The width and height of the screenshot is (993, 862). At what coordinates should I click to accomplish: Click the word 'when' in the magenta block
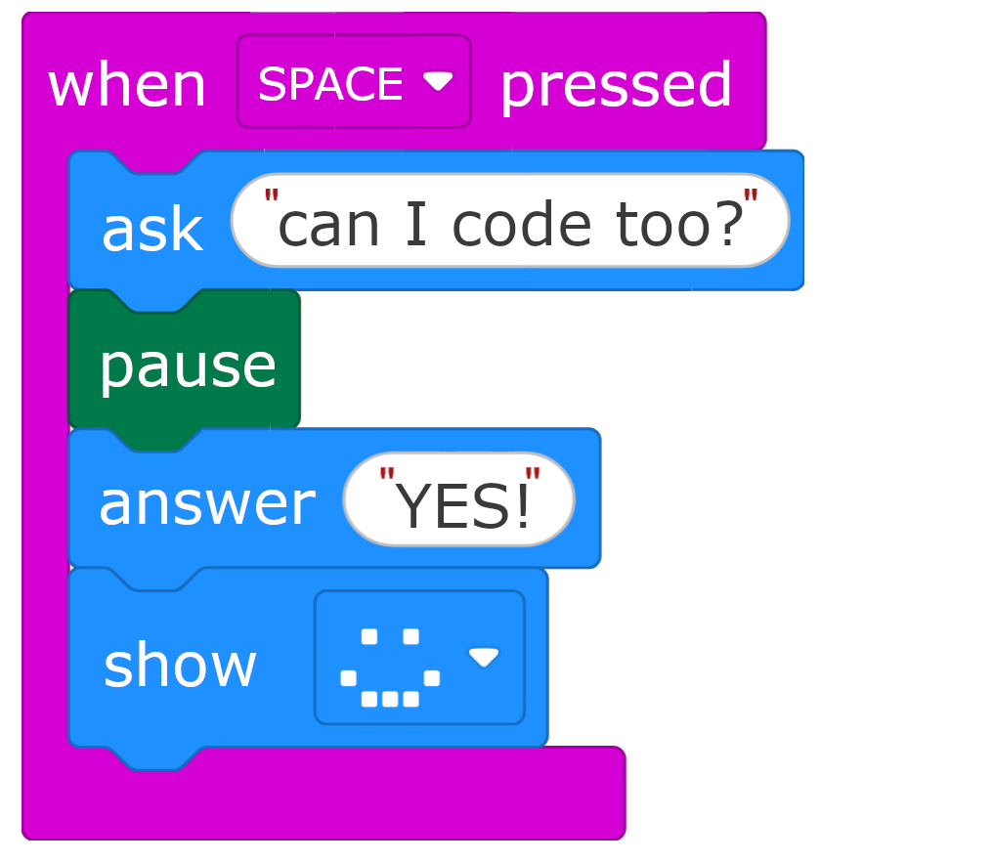pyautogui.click(x=127, y=86)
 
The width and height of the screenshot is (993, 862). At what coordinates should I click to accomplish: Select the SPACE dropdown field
pyautogui.click(x=332, y=84)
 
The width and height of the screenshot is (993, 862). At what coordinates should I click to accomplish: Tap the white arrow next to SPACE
pyautogui.click(x=437, y=82)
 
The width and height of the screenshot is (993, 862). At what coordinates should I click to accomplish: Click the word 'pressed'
pyautogui.click(x=616, y=86)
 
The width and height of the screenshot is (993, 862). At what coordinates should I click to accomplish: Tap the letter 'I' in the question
pyautogui.click(x=414, y=224)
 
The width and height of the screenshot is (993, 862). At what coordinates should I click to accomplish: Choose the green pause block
pyautogui.click(x=186, y=365)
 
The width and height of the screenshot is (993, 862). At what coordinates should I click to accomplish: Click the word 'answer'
pyautogui.click(x=206, y=502)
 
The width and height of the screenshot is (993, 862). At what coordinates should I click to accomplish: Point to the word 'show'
pyautogui.click(x=180, y=665)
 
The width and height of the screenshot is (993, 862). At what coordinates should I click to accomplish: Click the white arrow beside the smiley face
pyautogui.click(x=483, y=657)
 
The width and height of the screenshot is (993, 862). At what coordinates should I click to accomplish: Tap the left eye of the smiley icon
pyautogui.click(x=369, y=637)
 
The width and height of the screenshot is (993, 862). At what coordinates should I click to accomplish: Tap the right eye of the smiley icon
pyautogui.click(x=411, y=637)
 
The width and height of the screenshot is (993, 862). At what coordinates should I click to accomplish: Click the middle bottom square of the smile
pyautogui.click(x=390, y=699)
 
